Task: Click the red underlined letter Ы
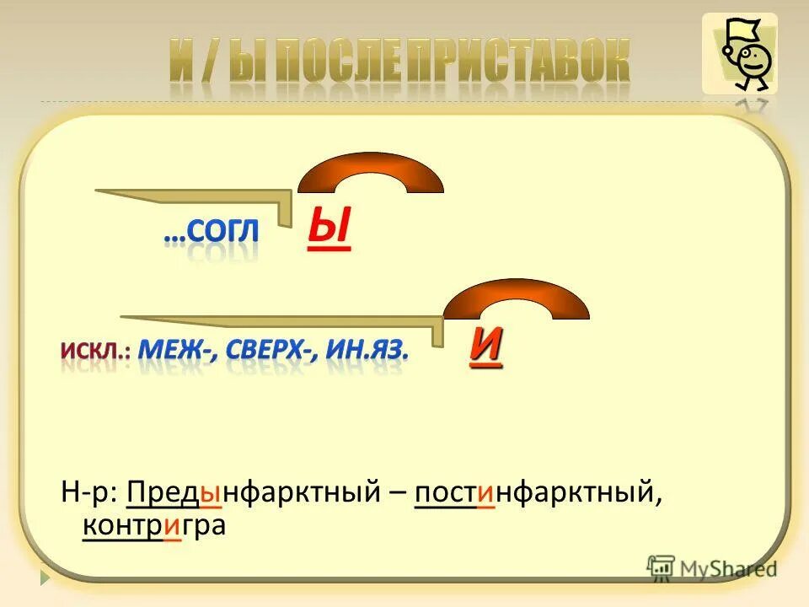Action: [329, 230]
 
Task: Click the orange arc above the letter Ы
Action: [371, 174]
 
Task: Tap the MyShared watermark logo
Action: [712, 567]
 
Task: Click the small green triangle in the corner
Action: [45, 578]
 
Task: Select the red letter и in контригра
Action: [173, 526]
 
